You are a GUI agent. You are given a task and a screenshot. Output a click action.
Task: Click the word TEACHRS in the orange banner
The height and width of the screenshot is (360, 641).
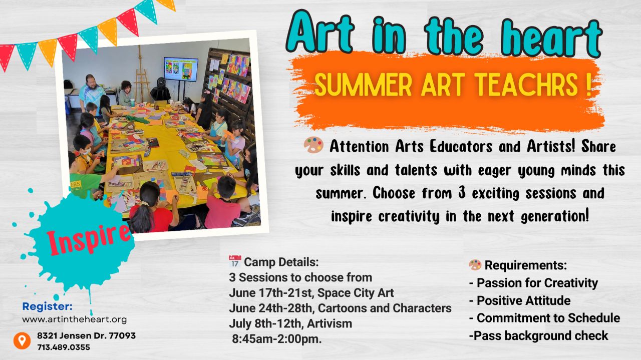[x=527, y=85]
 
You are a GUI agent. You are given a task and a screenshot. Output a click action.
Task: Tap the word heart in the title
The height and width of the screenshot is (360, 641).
[x=552, y=37]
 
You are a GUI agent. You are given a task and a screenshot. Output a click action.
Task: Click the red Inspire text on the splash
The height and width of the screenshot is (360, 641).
[x=88, y=239]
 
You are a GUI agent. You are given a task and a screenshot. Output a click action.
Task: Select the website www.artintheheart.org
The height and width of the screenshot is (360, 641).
[x=75, y=319]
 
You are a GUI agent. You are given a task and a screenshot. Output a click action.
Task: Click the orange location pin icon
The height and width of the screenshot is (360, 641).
[x=22, y=340]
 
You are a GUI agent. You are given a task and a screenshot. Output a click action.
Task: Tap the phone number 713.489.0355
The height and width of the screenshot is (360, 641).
[x=64, y=347]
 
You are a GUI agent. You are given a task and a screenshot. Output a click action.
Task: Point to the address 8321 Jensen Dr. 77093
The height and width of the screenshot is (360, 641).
[x=87, y=335]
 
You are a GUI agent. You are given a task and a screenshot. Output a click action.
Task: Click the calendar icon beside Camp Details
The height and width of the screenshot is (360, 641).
[x=235, y=261]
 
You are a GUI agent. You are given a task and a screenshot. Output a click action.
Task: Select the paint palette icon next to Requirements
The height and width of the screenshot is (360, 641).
[x=475, y=265]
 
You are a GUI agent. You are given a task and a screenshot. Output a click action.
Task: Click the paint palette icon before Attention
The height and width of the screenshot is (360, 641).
[x=313, y=145]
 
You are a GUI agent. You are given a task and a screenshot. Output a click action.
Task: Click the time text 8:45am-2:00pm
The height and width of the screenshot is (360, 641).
[x=277, y=339]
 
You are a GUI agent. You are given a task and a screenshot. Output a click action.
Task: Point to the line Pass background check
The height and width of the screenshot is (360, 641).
[x=539, y=335]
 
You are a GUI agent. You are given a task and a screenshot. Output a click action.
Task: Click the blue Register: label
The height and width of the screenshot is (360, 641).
[x=48, y=306]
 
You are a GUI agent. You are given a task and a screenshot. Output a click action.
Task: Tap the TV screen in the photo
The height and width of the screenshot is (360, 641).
[x=181, y=69]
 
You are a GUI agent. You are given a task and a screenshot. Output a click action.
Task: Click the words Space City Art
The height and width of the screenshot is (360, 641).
[x=356, y=293]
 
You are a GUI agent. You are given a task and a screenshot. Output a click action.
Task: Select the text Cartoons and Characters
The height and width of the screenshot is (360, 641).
[x=385, y=308]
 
